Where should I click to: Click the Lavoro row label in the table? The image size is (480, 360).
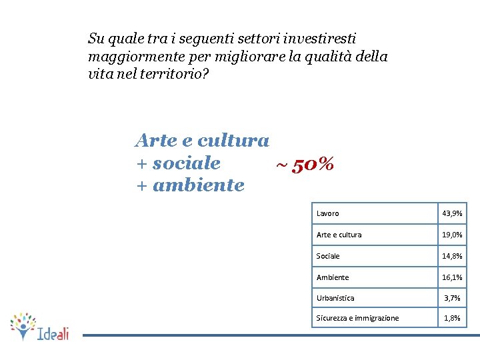pyautogui.click(x=327, y=213)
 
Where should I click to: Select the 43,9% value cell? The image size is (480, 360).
pyautogui.click(x=452, y=213)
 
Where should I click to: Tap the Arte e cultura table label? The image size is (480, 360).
pyautogui.click(x=339, y=235)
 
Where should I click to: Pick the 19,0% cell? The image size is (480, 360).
pyautogui.click(x=452, y=235)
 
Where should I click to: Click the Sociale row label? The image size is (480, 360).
pyautogui.click(x=328, y=256)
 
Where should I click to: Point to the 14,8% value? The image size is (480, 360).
pyautogui.click(x=452, y=256)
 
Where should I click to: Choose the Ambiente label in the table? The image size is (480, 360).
pyautogui.click(x=333, y=277)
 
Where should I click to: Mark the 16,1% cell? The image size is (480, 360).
pyautogui.click(x=452, y=277)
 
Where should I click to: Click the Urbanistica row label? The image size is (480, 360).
pyautogui.click(x=335, y=298)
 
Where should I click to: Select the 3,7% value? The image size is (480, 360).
pyautogui.click(x=452, y=298)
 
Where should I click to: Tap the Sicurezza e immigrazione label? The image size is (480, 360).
pyautogui.click(x=357, y=318)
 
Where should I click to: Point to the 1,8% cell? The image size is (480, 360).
pyautogui.click(x=452, y=318)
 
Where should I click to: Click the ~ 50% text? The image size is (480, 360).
pyautogui.click(x=305, y=164)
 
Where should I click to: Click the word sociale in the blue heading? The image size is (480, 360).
pyautogui.click(x=186, y=163)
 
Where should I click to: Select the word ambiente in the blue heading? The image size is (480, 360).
pyautogui.click(x=199, y=185)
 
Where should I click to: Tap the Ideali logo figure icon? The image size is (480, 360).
pyautogui.click(x=23, y=325)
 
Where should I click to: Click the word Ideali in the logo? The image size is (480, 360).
pyautogui.click(x=53, y=333)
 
